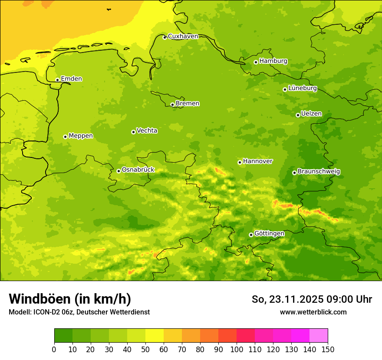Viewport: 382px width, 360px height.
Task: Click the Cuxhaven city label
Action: tap(183, 36)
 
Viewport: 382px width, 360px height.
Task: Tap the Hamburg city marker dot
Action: tap(256, 62)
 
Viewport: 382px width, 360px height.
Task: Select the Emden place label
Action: tap(71, 79)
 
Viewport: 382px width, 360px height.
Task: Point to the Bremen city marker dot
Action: tap(172, 105)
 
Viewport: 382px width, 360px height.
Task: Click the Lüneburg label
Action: tap(303, 88)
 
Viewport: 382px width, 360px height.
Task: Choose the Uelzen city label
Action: tap(311, 114)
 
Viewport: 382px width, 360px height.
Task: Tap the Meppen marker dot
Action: tap(65, 137)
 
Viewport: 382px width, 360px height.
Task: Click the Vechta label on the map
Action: tap(147, 131)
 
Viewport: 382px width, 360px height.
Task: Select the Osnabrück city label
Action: tap(138, 170)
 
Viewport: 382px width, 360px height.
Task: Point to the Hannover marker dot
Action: tap(240, 162)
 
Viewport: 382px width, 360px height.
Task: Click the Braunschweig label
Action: tap(319, 172)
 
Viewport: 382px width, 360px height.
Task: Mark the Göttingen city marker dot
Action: tap(251, 235)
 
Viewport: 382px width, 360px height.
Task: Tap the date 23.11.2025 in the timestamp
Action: tap(296, 299)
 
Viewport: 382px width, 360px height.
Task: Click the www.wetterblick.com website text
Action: tap(313, 312)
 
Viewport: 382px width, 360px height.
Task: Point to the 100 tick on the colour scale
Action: tap(237, 349)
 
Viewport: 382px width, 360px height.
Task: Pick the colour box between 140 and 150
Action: tap(319, 336)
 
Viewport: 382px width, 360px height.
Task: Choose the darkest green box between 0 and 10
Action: tap(63, 336)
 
